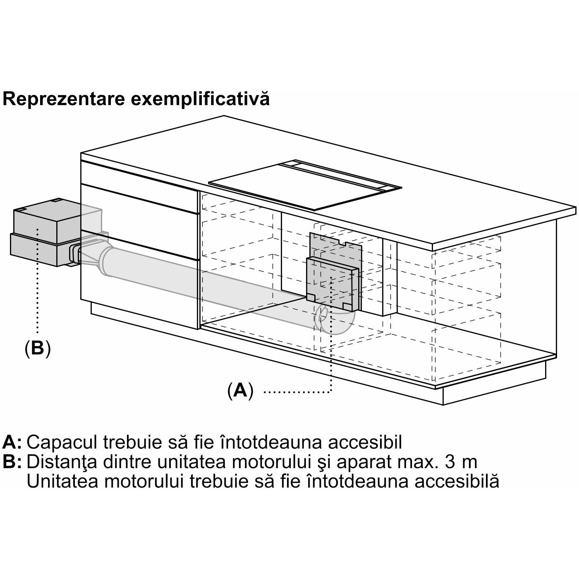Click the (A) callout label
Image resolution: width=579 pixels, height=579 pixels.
tap(240, 390)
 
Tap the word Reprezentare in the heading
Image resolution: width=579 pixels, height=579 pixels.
tap(64, 99)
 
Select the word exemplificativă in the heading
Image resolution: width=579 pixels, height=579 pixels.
tap(200, 99)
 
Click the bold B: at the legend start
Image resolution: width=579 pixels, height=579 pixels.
tap(12, 462)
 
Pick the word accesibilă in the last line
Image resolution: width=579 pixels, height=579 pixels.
tap(457, 481)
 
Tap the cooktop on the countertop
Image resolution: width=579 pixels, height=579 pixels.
tap(304, 184)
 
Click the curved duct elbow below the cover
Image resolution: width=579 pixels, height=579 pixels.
tap(334, 322)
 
